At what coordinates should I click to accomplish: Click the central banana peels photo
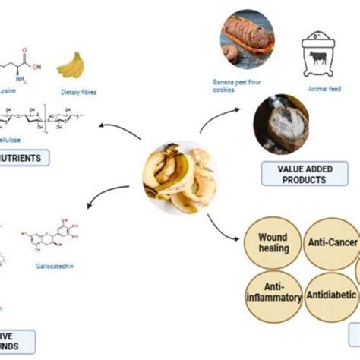[178, 178]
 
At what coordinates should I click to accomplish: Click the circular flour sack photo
[293, 126]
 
